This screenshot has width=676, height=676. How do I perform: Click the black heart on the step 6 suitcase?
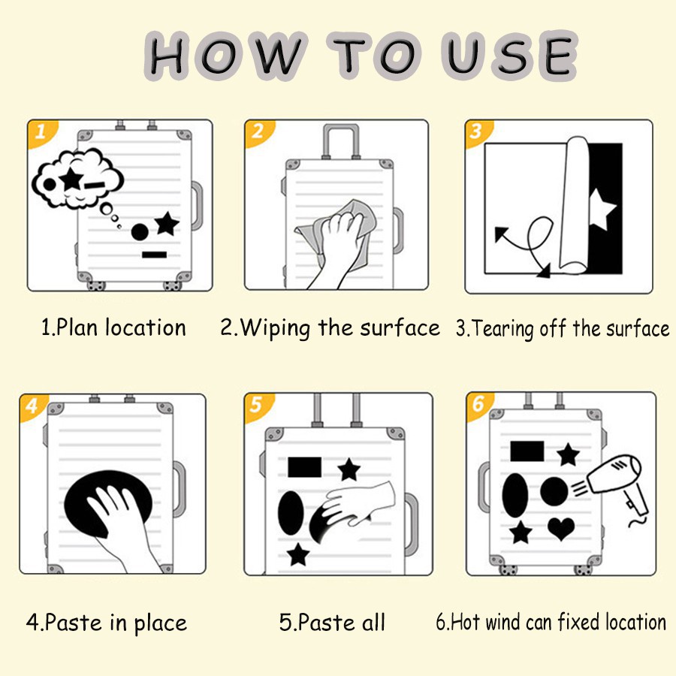(x=561, y=529)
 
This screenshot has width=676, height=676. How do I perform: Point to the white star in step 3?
(x=602, y=209)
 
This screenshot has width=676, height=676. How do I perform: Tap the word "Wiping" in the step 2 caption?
(x=275, y=328)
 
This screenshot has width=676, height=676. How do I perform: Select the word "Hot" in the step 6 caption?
(x=465, y=622)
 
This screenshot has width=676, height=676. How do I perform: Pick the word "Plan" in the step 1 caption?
(x=77, y=327)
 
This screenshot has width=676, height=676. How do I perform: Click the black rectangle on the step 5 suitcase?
(x=304, y=467)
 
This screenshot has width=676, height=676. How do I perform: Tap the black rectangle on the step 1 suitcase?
(x=154, y=255)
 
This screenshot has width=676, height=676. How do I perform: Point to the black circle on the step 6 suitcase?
(x=554, y=491)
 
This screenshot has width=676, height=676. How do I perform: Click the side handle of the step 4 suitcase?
(x=180, y=489)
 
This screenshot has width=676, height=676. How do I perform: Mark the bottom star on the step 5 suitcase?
(x=298, y=554)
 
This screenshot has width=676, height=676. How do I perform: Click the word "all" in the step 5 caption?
(x=373, y=622)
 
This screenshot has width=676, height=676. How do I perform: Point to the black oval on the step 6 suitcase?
(x=515, y=495)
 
